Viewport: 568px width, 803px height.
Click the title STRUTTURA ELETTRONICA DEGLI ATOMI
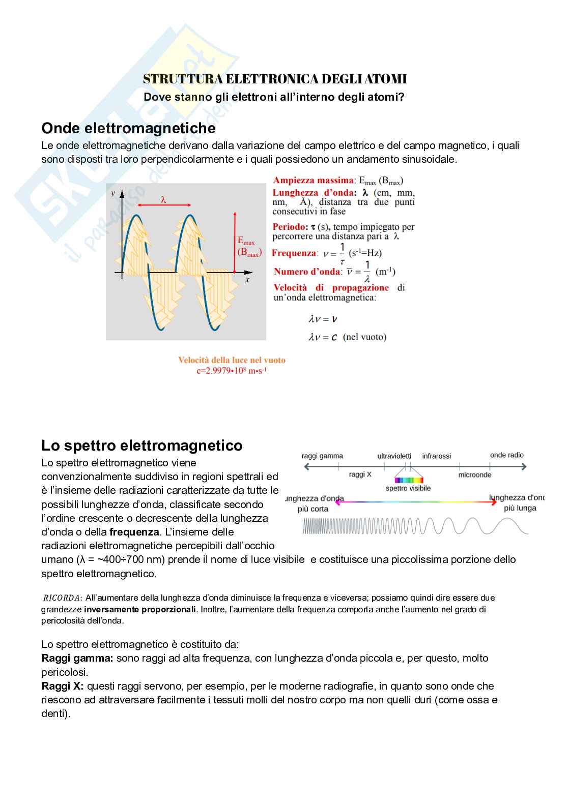click(275, 79)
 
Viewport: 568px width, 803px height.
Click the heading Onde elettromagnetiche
click(128, 128)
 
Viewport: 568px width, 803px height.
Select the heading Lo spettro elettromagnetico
click(141, 445)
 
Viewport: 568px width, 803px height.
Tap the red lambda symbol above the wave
click(163, 200)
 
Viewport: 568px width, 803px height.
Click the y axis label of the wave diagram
click(113, 193)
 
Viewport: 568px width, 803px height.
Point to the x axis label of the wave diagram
click(247, 279)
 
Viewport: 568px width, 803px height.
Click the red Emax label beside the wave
click(246, 241)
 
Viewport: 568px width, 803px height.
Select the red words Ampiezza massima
click(313, 180)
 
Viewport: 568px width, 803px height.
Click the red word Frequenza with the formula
click(294, 253)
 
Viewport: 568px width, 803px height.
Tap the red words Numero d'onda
click(307, 272)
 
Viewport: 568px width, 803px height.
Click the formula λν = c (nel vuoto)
click(347, 337)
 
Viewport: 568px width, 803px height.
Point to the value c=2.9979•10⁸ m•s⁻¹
click(232, 370)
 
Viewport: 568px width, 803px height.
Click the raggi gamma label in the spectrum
click(322, 456)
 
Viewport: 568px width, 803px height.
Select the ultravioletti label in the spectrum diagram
click(394, 456)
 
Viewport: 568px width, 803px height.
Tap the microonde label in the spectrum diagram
click(474, 474)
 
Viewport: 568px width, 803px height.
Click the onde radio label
click(506, 455)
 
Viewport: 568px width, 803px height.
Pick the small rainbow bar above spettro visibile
click(409, 480)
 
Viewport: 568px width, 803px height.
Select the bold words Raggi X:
click(63, 686)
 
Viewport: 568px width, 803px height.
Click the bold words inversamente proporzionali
click(140, 609)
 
